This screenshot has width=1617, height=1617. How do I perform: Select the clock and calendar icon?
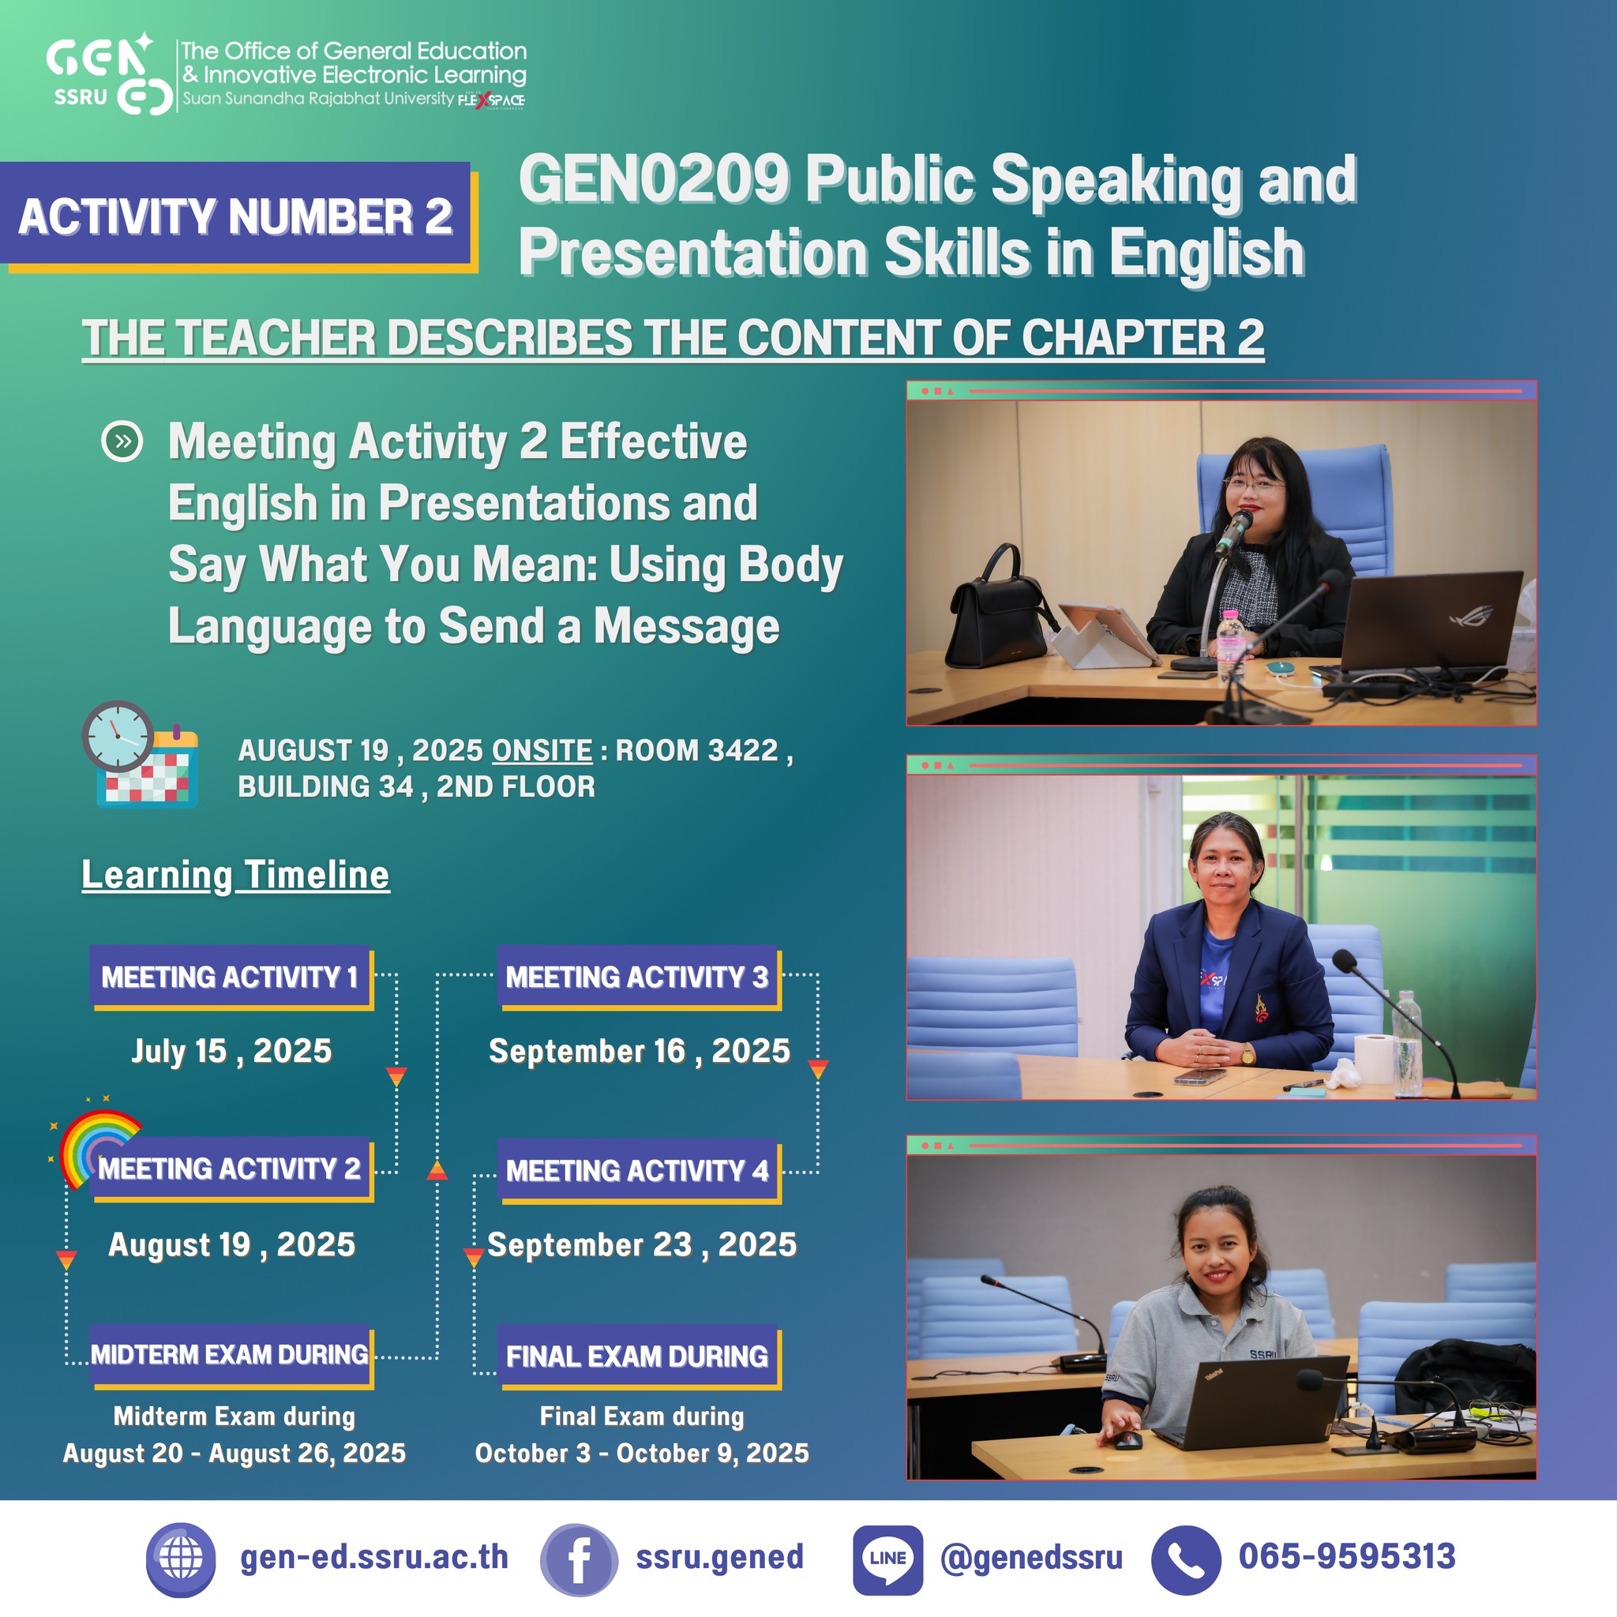click(141, 754)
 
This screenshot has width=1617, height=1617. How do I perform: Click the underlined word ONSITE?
click(542, 750)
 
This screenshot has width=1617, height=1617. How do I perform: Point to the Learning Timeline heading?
click(235, 875)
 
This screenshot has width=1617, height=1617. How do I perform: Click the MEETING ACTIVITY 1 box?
click(232, 977)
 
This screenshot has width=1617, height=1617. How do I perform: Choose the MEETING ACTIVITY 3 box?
click(638, 977)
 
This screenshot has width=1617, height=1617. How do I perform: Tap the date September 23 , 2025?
click(642, 1244)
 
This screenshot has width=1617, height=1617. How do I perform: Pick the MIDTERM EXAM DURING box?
click(232, 1355)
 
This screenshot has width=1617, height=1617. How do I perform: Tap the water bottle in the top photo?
click(1230, 646)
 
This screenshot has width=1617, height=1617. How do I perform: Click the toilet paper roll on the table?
click(1374, 1059)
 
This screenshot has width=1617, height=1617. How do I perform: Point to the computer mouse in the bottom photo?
click(1127, 1439)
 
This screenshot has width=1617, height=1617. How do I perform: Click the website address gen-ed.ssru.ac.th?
click(374, 1558)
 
